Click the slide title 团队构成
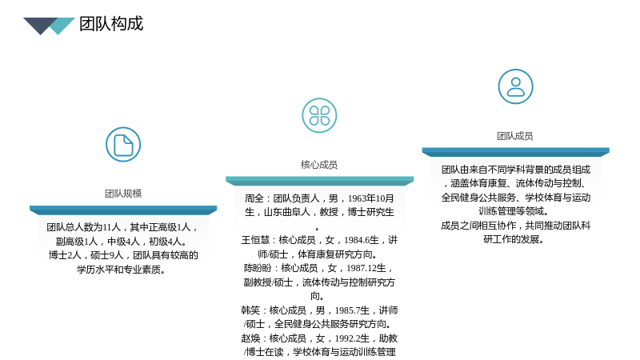pos(111,24)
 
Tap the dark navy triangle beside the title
pos(38,25)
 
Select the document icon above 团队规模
pos(123,145)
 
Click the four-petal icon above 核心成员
pos(319,115)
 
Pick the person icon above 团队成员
pos(515,86)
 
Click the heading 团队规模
pos(123,194)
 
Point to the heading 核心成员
pos(319,165)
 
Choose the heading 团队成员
pos(515,136)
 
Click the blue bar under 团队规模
pos(123,210)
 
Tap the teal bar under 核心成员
pos(319,182)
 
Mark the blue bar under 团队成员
pos(515,152)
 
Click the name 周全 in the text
pos(254,198)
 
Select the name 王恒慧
pos(255,240)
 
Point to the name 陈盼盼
pos(258,268)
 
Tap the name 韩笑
pos(250,310)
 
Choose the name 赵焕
pos(250,338)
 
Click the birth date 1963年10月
pos(370,198)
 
